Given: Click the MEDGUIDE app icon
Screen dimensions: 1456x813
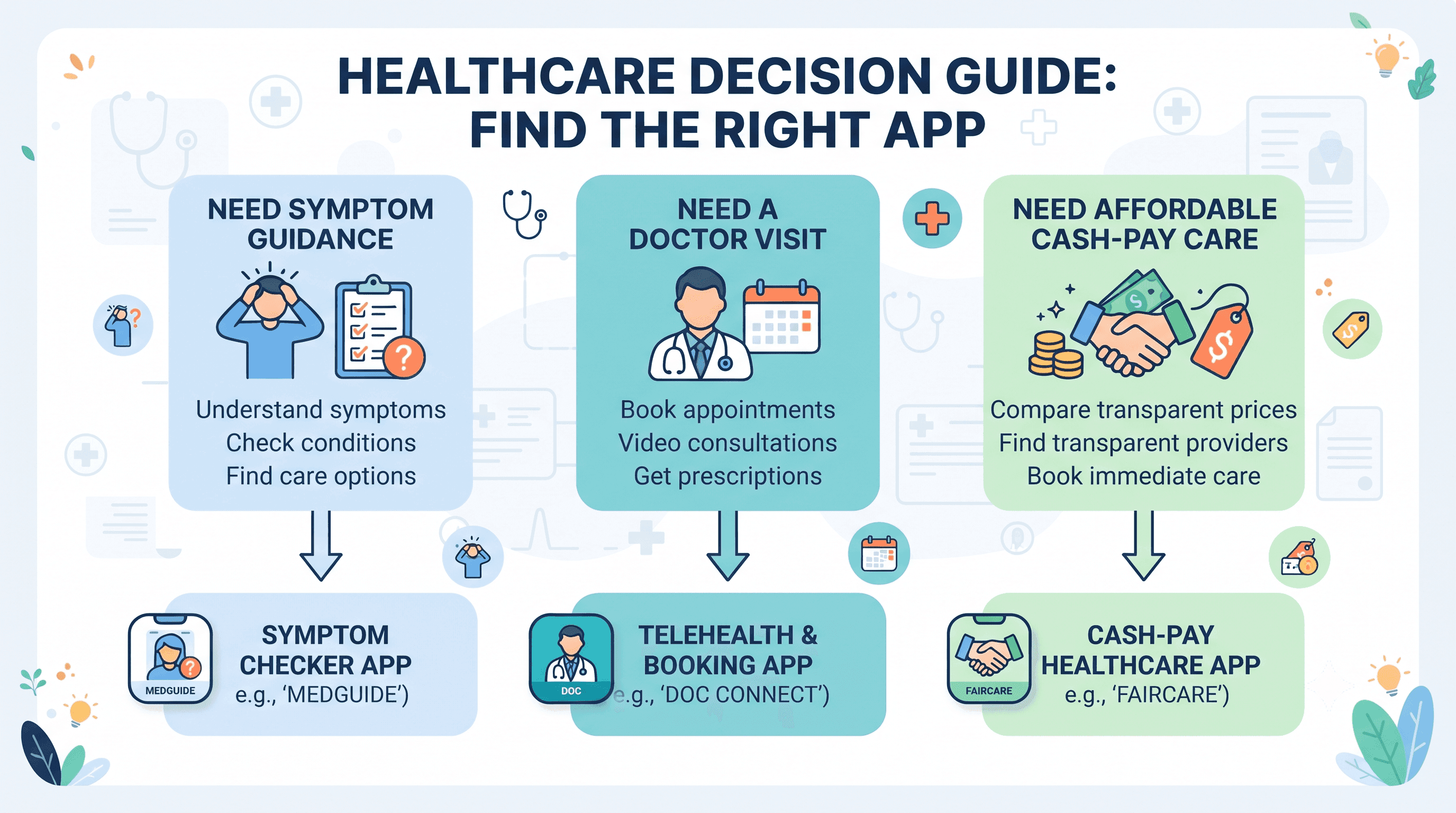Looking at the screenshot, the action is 170,658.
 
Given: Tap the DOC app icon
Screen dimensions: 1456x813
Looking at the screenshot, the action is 571,658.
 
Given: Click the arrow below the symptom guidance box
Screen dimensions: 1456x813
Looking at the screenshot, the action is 321,546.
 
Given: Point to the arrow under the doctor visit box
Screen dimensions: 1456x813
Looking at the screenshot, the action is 728,546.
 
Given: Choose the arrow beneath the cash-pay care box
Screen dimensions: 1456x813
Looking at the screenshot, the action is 1143,546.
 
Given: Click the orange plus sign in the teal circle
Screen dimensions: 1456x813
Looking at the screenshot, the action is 932,218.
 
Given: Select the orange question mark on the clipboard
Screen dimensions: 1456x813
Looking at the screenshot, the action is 404,357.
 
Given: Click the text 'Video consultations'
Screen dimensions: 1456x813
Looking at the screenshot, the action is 727,442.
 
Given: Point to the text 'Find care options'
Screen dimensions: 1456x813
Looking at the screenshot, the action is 321,476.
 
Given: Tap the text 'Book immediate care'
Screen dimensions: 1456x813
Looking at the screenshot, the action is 1143,476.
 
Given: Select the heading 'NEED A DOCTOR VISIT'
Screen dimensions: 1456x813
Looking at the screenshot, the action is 727,224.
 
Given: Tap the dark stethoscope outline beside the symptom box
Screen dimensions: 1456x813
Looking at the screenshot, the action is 524,214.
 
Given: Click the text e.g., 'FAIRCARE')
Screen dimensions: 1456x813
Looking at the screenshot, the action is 1147,695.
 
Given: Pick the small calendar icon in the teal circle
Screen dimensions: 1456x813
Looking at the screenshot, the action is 879,554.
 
